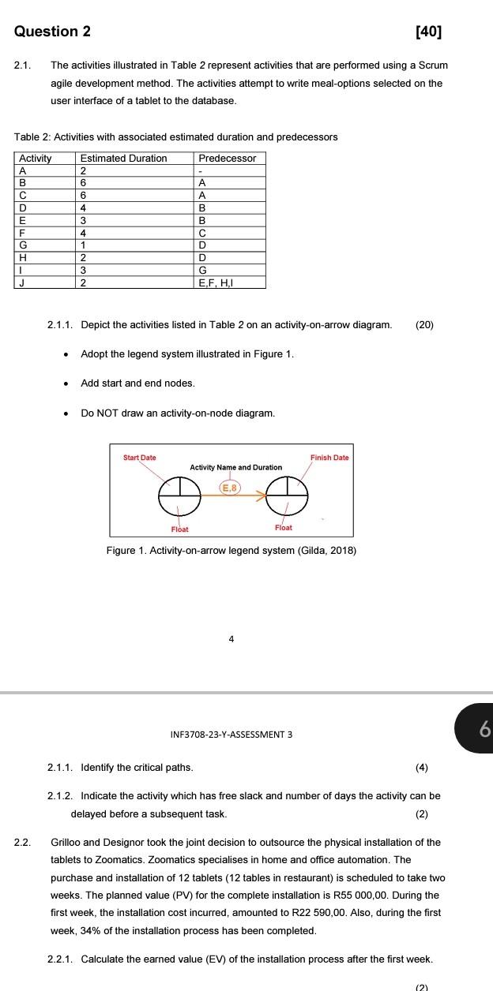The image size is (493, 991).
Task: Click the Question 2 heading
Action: coord(53,32)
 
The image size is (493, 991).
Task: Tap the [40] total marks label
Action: coord(428,32)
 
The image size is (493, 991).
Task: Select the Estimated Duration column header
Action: coord(123,159)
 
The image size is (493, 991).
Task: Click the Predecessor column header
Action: coord(228,159)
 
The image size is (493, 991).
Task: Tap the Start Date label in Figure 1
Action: coord(140,458)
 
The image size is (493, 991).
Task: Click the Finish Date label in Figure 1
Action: coord(329,458)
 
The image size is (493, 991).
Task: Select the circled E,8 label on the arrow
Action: coord(229,488)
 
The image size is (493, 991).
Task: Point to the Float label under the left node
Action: coord(179,529)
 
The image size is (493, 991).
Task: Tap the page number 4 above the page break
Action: coord(231,639)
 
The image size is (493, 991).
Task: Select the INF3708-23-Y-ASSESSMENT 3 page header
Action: coord(231,735)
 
